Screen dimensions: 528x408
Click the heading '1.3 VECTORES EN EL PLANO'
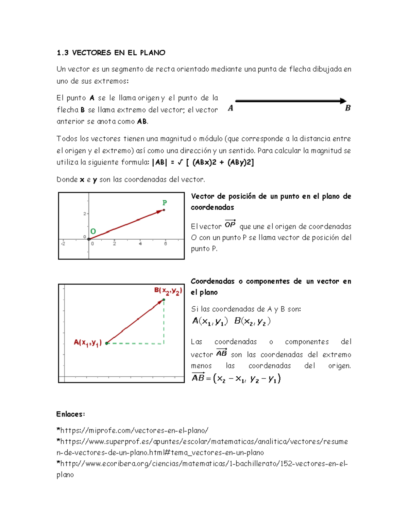coord(111,53)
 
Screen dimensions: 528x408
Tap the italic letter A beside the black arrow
coord(231,108)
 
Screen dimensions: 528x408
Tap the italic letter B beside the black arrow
coord(347,108)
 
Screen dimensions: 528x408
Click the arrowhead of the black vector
coord(343,101)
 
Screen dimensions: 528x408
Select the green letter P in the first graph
coord(165,203)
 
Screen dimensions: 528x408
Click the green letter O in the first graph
coord(93,232)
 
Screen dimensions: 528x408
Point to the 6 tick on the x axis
coord(166,244)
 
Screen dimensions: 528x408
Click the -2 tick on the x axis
coord(63,244)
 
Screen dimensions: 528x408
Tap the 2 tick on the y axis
coord(85,214)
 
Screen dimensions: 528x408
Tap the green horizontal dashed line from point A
coord(136,343)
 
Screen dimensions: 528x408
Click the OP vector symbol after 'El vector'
coord(230,224)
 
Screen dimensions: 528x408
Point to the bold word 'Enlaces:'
coord(71,414)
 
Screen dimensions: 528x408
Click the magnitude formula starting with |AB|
coord(203,163)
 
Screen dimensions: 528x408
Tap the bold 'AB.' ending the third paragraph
coord(142,122)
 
